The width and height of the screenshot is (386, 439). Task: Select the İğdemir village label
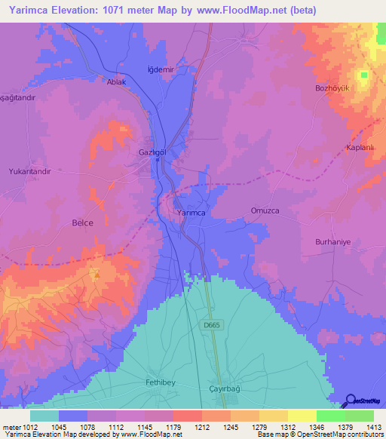pyautogui.click(x=161, y=69)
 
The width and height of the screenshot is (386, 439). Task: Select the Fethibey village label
pyautogui.click(x=160, y=382)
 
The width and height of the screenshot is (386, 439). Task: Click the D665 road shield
pyautogui.click(x=211, y=325)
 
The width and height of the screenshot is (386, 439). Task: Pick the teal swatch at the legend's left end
pyautogui.click(x=44, y=416)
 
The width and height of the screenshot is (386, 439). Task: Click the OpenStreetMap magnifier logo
pyautogui.click(x=350, y=401)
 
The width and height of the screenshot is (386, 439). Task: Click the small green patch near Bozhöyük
pyautogui.click(x=364, y=75)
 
